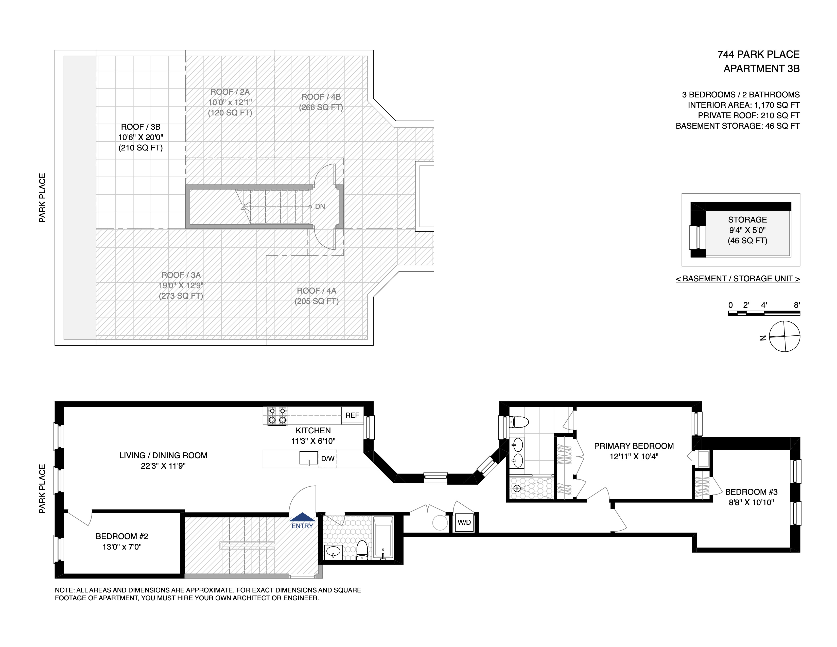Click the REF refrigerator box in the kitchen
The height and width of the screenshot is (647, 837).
[x=352, y=415]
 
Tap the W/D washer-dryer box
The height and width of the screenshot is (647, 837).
[x=464, y=522]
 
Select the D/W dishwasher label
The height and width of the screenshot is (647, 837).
[x=328, y=458]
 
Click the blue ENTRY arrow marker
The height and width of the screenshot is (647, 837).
[x=302, y=517]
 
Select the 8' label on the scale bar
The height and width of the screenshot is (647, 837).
[x=797, y=305]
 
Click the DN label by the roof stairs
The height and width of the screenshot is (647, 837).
[x=320, y=207]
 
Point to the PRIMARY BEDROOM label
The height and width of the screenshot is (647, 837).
[x=634, y=446]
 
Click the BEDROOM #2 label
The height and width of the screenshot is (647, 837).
[x=122, y=536]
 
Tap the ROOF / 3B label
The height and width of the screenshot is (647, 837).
[x=141, y=127]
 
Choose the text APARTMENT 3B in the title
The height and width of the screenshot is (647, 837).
[x=761, y=69]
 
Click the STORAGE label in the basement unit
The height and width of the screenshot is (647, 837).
[x=747, y=220]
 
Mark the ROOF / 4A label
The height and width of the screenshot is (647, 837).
[x=317, y=291]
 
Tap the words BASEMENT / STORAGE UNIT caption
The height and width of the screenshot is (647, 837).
[x=738, y=279]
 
